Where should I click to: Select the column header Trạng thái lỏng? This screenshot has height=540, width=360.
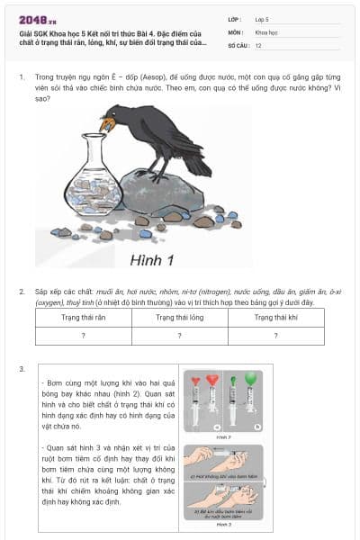click(x=178, y=318)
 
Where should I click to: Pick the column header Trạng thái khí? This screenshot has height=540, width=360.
click(x=275, y=318)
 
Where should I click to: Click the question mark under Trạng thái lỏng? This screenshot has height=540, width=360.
click(x=178, y=335)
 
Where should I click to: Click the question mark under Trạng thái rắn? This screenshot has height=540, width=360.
click(x=83, y=335)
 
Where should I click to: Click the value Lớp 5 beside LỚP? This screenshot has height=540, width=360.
click(x=262, y=18)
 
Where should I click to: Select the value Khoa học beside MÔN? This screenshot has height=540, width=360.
click(x=266, y=31)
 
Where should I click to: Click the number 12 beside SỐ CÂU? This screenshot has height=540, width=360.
click(x=258, y=44)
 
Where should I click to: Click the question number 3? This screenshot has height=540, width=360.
click(x=22, y=369)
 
